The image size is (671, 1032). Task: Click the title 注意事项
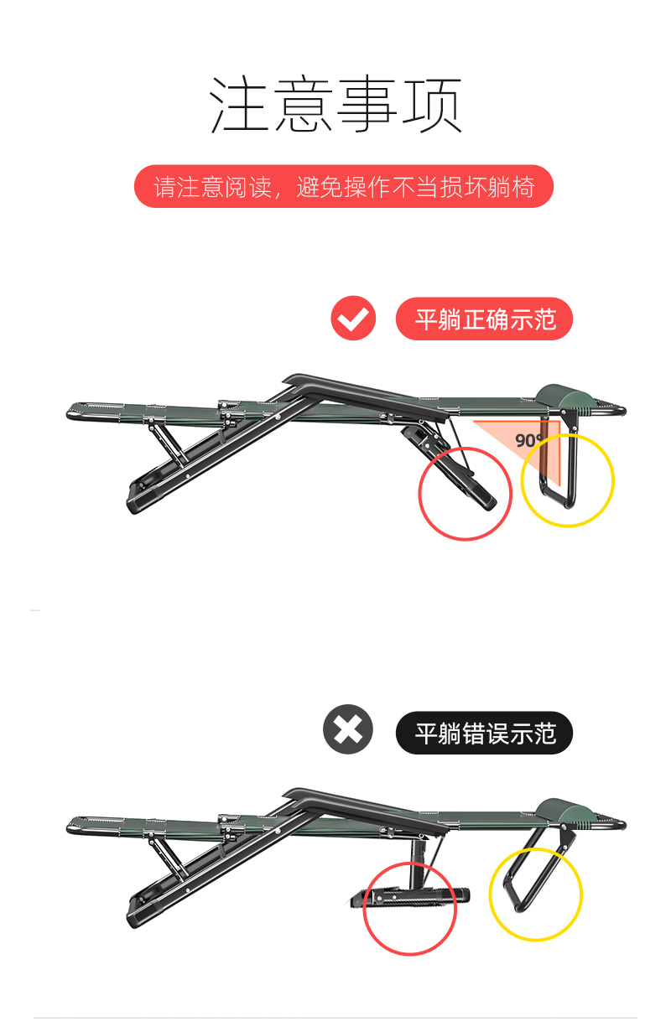point(335,104)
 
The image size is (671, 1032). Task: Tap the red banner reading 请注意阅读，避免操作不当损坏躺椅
point(343,186)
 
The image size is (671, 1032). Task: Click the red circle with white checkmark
point(353,318)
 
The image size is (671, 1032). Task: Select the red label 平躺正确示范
point(484,319)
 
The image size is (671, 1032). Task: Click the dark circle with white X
point(348,729)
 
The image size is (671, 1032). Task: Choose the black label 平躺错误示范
point(484,733)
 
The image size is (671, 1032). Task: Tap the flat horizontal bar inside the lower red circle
point(410,896)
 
